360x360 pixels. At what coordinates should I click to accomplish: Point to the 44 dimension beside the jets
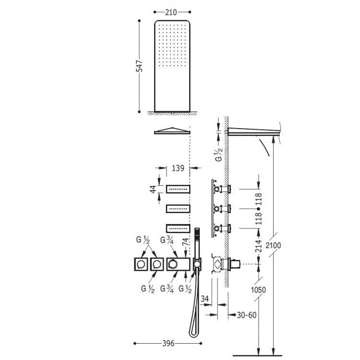pos(153,190)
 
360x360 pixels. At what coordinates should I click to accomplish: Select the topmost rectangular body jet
pos(179,190)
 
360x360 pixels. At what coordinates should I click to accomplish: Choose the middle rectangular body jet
pos(179,209)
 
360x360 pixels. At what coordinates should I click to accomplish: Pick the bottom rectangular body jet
pos(179,228)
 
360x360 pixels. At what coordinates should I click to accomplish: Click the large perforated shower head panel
pos(173,65)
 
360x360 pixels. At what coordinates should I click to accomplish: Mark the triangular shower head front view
pos(171,131)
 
